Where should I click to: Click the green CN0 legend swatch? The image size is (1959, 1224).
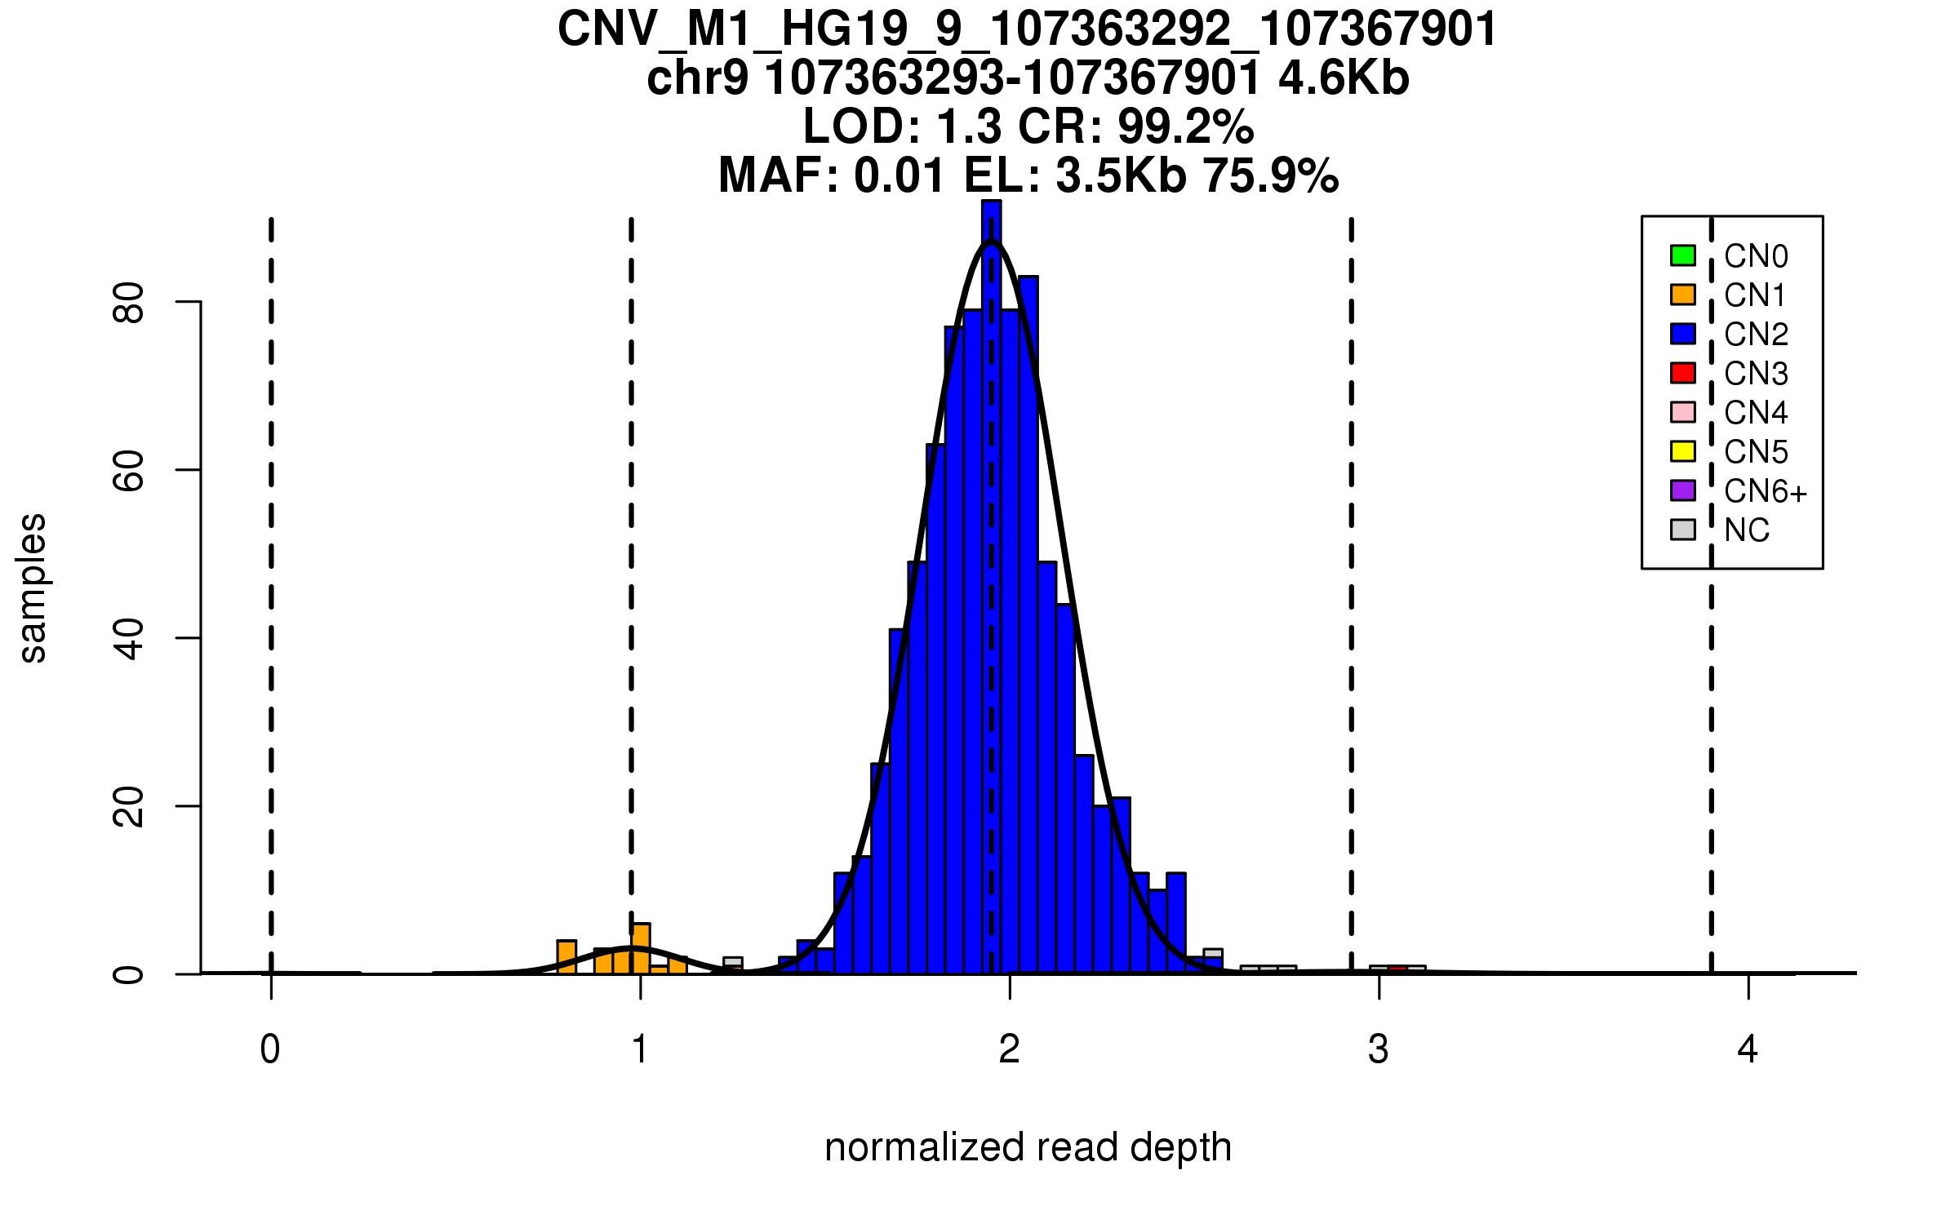[1682, 255]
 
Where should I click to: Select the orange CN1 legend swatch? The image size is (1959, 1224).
[1682, 295]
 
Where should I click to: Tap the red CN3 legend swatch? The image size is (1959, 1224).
[1682, 373]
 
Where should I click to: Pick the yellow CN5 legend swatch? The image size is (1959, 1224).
[1682, 451]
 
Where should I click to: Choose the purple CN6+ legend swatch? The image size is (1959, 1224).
[1682, 490]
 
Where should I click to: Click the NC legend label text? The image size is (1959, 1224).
[1747, 530]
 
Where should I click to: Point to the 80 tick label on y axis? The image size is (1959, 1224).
[129, 303]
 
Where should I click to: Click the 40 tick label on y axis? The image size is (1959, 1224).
[129, 638]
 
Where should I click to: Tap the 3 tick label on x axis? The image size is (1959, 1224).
[1379, 1049]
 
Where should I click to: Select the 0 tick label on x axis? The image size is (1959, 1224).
[270, 1049]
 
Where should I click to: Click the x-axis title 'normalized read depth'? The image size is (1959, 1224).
[1028, 1147]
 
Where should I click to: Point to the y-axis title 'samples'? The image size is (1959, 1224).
[33, 588]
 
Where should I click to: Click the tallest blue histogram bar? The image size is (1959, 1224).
[991, 588]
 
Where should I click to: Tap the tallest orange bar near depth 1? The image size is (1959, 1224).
[641, 949]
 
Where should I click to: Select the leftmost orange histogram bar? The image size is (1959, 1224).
[566, 957]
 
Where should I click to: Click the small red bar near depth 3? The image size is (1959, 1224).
[1397, 969]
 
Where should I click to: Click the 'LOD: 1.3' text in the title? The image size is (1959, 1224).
[901, 126]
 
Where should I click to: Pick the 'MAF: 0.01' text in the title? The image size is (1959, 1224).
[832, 175]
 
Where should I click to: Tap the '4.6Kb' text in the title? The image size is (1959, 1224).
[1344, 78]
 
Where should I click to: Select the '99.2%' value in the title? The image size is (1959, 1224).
[1185, 126]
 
